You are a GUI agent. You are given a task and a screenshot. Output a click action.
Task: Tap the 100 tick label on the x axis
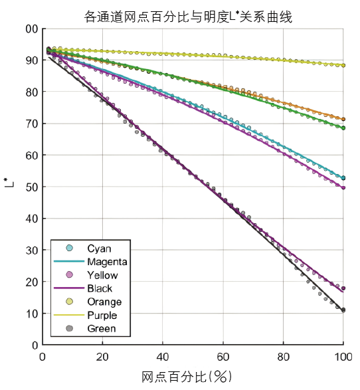coord(343,356)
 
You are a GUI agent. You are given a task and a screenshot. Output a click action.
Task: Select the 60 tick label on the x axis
coord(223,356)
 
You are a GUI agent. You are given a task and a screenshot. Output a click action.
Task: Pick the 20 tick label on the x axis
coord(102,356)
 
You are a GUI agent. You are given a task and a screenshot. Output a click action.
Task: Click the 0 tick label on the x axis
coord(43,356)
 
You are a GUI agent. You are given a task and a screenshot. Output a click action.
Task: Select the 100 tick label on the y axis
coord(29,29)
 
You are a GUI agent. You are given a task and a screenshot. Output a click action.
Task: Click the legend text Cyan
coord(100,248)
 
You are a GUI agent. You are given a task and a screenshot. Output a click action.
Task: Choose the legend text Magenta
coord(107,262)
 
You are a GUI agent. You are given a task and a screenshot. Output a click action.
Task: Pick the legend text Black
coord(100,288)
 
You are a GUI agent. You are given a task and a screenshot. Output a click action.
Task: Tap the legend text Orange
coord(103,302)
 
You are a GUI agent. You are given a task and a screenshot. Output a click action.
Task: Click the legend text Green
coord(102,328)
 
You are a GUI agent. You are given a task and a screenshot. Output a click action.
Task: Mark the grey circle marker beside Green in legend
coord(69,328)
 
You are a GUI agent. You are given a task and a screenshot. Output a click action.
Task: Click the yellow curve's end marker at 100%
coord(343,65)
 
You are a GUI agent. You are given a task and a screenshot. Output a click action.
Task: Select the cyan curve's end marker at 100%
coord(343,178)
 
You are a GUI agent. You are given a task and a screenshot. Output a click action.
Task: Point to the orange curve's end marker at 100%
coord(343,119)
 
